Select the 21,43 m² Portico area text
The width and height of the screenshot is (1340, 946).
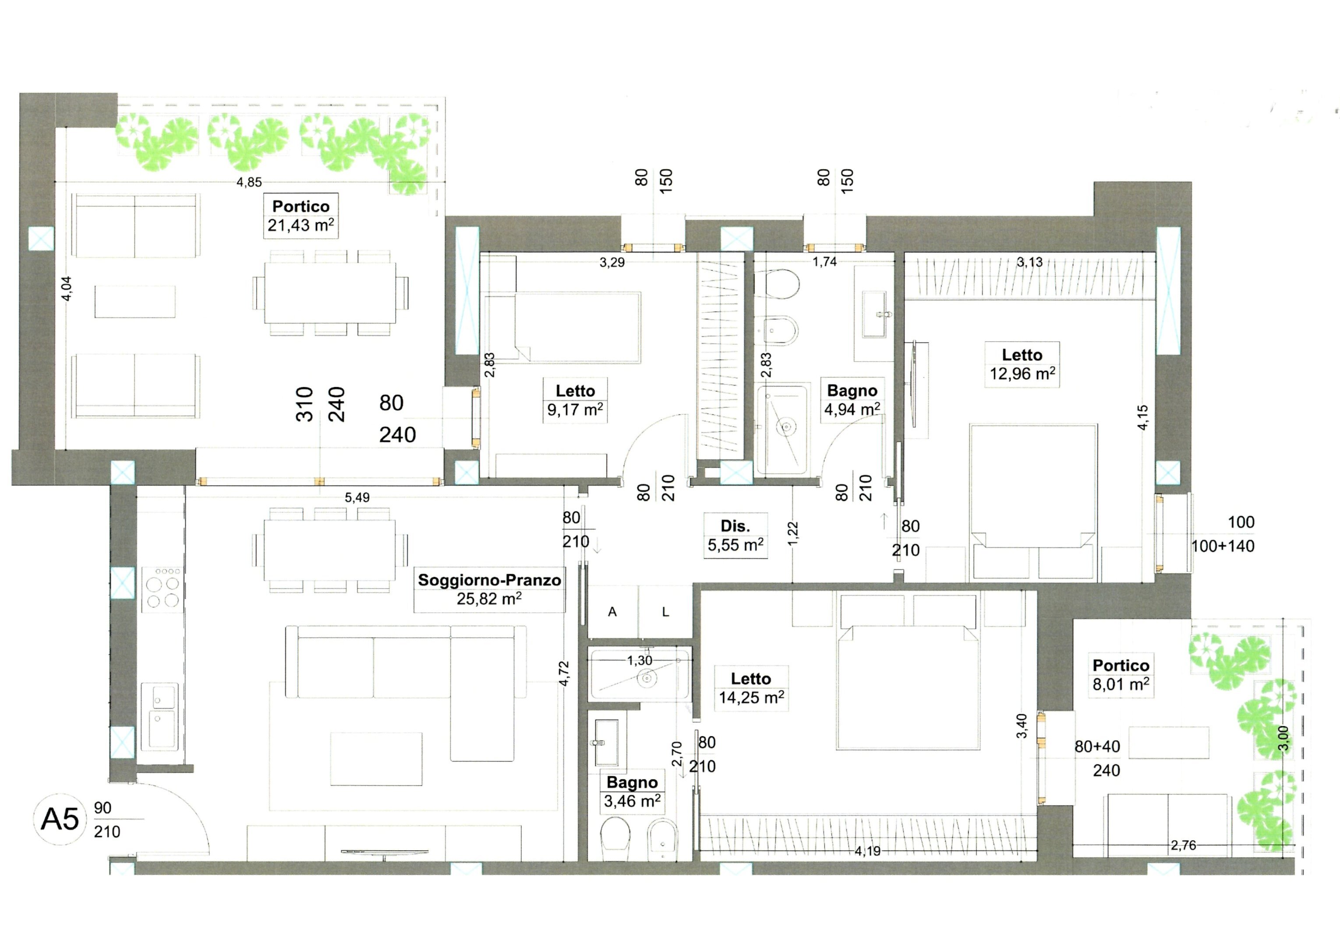click(301, 225)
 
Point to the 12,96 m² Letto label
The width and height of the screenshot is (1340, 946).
click(1022, 364)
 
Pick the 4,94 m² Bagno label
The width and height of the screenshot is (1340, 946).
click(852, 400)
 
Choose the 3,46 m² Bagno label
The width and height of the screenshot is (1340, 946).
click(632, 791)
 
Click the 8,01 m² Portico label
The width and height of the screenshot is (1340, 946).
click(1121, 674)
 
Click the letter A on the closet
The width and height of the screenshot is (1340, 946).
click(612, 611)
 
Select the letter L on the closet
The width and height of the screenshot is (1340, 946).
click(665, 611)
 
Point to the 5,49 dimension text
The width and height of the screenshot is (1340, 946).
click(357, 497)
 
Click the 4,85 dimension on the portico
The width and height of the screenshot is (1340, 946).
click(249, 182)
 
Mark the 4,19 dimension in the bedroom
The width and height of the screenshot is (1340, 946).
click(868, 851)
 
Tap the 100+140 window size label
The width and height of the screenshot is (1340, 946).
click(1223, 546)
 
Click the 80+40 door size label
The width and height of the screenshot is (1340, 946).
click(1097, 746)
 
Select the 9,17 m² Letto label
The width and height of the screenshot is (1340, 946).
click(575, 400)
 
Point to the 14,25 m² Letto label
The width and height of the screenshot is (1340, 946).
click(751, 688)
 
